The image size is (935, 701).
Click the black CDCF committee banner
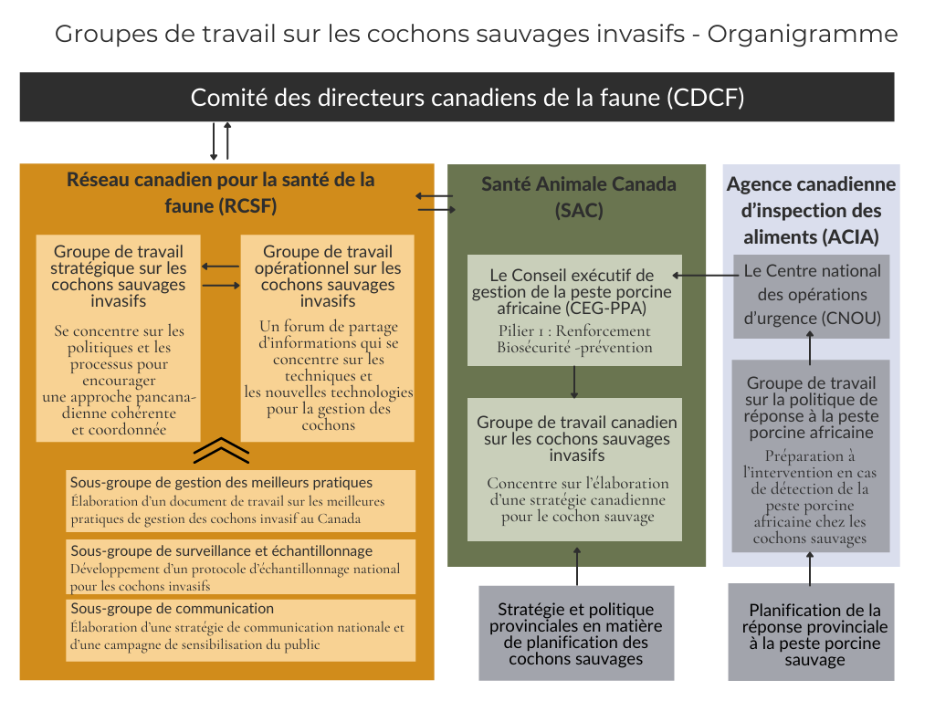click(x=457, y=97)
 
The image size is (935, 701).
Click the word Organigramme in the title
click(x=802, y=34)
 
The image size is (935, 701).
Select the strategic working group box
click(x=118, y=338)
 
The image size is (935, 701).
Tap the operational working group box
click(x=328, y=338)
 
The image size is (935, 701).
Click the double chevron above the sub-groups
click(x=221, y=450)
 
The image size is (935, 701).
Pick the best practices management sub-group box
click(x=241, y=501)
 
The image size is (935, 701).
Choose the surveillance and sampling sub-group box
click(x=241, y=567)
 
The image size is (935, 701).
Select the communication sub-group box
click(x=241, y=630)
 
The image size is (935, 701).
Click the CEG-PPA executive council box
click(x=574, y=310)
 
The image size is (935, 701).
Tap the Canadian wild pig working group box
click(x=574, y=469)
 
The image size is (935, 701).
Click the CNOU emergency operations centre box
click(x=812, y=297)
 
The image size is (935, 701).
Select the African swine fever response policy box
click(x=811, y=455)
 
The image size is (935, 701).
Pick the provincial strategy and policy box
click(x=576, y=633)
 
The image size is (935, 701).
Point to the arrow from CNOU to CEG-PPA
click(x=706, y=276)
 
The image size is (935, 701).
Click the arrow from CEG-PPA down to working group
click(x=574, y=382)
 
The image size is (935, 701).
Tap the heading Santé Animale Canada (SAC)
click(x=578, y=197)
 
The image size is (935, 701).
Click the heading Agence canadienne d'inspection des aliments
click(x=811, y=211)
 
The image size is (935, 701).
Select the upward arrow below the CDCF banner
click(x=227, y=141)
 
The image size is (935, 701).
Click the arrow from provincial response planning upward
click(x=810, y=568)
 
